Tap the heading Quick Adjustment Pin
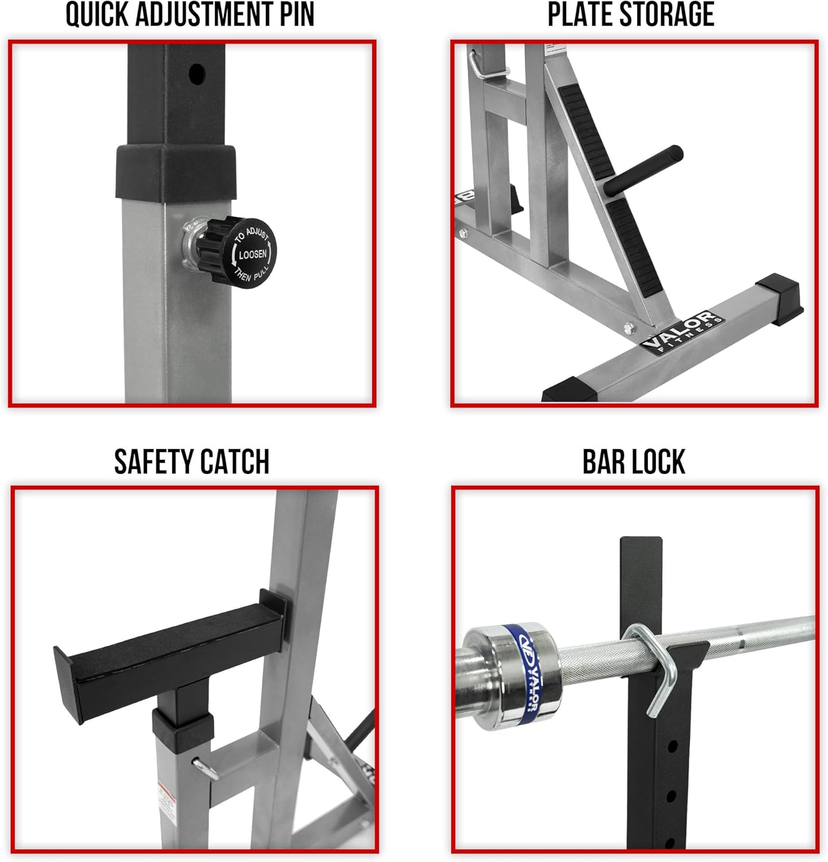point(190,16)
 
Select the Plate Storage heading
point(631,16)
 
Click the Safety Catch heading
point(192,462)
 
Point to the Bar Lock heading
point(634,462)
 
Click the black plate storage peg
point(643,170)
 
